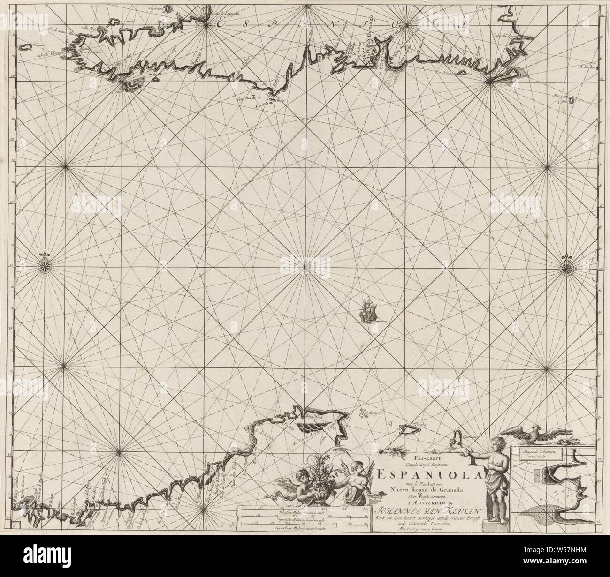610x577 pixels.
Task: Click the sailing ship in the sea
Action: (x=367, y=310)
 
